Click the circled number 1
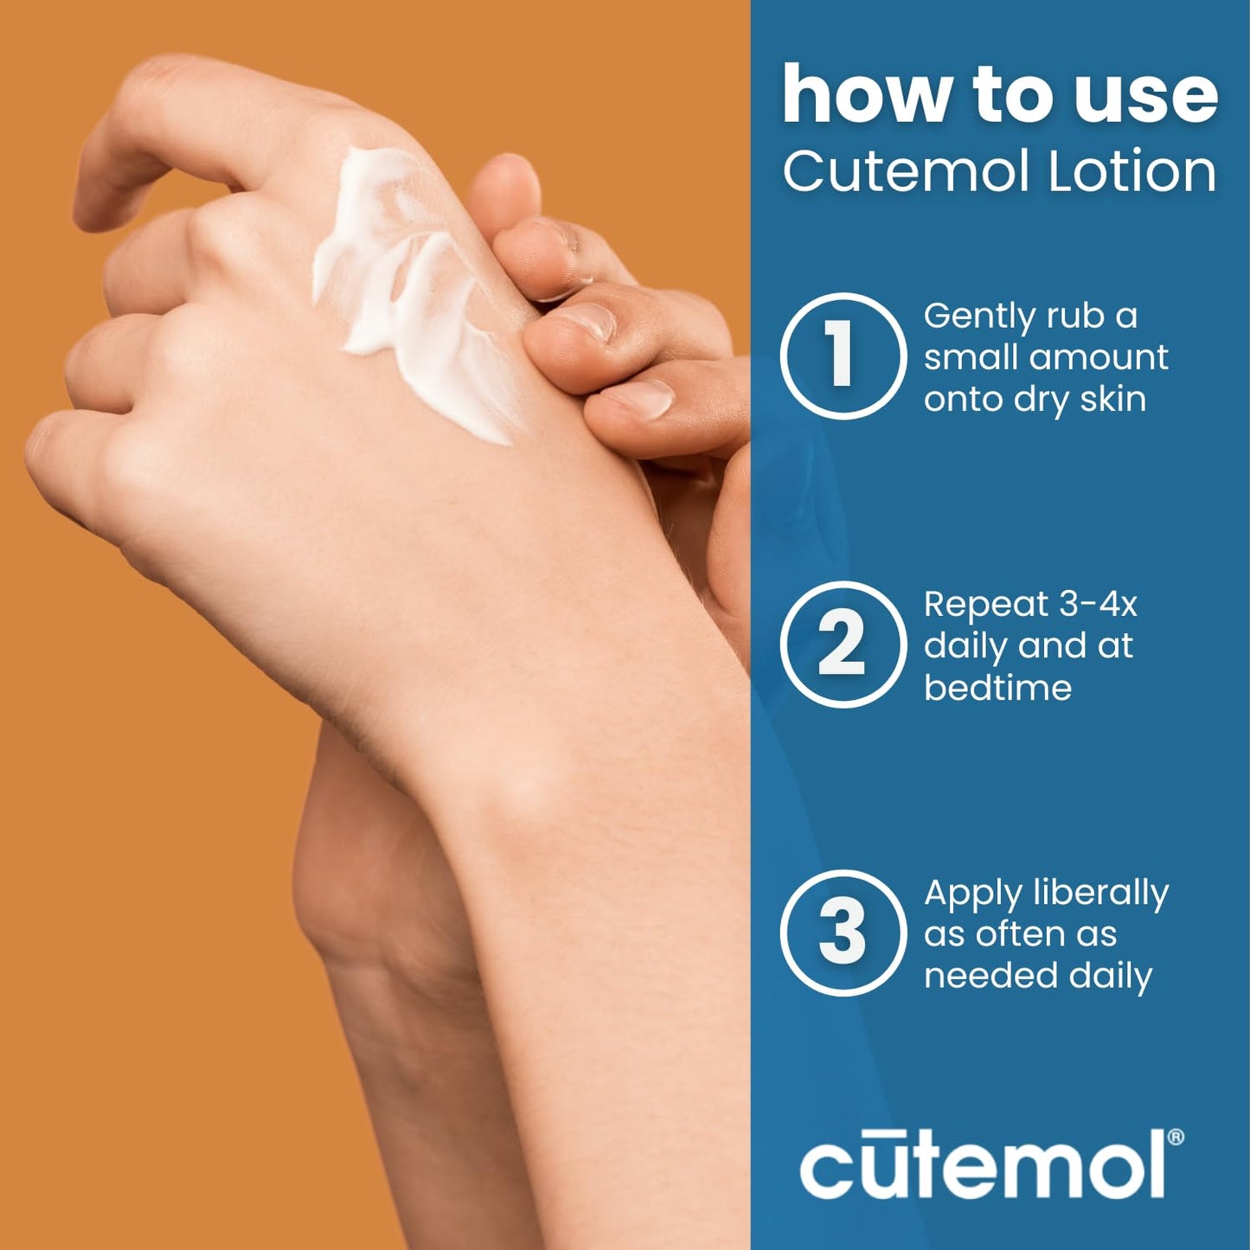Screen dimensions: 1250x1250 tap(843, 356)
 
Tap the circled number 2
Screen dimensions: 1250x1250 tap(843, 644)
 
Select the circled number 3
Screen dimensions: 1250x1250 tap(843, 933)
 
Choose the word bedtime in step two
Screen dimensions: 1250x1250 tap(997, 688)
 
